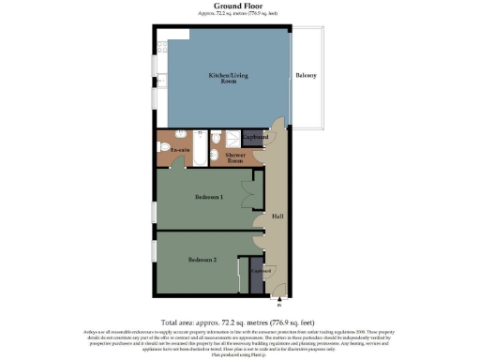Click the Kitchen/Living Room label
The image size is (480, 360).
tap(222, 78)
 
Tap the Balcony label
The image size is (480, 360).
tap(306, 75)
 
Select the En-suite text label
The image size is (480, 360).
tap(180, 149)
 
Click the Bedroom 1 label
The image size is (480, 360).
tap(208, 197)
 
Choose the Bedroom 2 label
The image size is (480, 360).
tap(202, 259)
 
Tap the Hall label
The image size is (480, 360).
tap(277, 217)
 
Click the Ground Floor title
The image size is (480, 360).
tap(240, 6)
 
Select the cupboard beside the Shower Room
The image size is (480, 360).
tap(256, 139)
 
